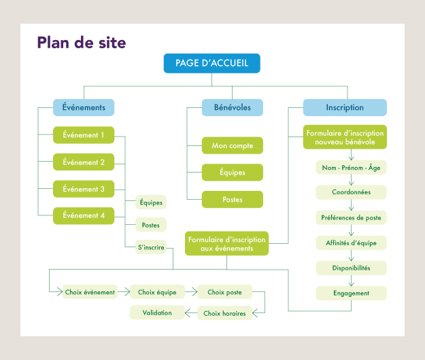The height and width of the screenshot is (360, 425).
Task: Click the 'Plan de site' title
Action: point(82,43)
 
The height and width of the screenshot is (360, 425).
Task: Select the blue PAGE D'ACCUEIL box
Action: point(211,63)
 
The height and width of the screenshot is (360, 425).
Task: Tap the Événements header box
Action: point(84,107)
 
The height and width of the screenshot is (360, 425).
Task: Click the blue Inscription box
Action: point(345,107)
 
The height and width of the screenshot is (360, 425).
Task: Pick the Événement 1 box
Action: point(84,135)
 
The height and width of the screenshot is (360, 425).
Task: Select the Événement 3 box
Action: point(84,189)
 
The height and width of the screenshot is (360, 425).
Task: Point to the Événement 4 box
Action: point(84,215)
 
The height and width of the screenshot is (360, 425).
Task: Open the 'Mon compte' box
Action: point(232,145)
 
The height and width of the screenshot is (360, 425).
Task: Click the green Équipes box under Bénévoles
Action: point(232,173)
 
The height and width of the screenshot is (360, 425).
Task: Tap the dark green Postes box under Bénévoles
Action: point(232,200)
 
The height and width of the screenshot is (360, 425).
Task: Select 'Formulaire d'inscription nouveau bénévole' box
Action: point(345,138)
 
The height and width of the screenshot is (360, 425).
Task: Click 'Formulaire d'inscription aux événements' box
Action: point(227,244)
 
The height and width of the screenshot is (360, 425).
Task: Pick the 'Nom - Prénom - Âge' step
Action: point(351,167)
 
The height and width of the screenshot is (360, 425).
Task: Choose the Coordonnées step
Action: point(351,192)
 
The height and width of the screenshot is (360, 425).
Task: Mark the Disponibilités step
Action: point(351,268)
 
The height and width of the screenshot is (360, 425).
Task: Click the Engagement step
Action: point(351,293)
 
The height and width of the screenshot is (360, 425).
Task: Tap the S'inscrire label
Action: point(151,247)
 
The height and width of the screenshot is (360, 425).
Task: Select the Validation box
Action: point(157,312)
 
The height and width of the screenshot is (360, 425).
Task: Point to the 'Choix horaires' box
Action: point(225,313)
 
